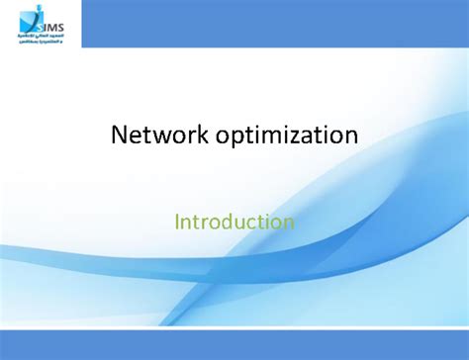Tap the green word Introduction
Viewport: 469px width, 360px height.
point(234,221)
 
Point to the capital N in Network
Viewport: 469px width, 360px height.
point(119,135)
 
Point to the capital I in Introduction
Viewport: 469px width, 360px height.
point(177,221)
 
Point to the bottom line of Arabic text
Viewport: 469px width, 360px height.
point(39,43)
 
